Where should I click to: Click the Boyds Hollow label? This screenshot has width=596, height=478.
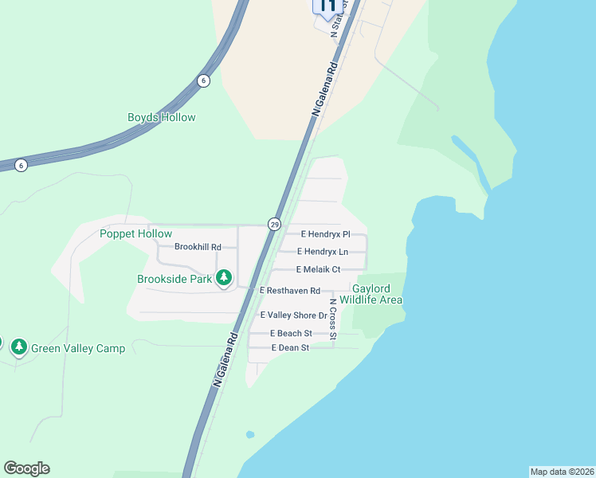coord(161,118)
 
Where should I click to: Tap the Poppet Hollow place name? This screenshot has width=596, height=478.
coord(135,233)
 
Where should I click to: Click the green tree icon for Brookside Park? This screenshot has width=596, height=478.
coord(225,277)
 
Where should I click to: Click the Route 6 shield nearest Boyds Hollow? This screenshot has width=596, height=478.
coord(203,80)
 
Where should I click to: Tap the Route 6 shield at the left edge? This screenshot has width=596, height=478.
coord(21,165)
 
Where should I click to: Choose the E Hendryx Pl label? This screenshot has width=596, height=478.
coord(325,234)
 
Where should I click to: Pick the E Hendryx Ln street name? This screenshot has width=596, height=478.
coord(323,252)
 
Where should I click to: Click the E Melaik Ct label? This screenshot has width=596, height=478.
coord(318,270)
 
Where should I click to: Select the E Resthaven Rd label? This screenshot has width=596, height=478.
coord(290,291)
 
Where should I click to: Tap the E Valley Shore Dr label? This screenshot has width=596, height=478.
coord(289,315)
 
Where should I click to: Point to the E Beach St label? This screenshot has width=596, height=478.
coord(290,333)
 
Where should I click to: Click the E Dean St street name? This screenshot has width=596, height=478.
coord(289,348)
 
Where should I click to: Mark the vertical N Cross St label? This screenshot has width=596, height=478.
coord(333,319)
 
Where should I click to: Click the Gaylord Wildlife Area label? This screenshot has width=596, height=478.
coord(371,294)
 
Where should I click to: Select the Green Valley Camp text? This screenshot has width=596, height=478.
coord(78,348)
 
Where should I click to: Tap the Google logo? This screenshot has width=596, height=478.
coord(26,468)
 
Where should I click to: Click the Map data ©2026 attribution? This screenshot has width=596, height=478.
coord(562,472)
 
